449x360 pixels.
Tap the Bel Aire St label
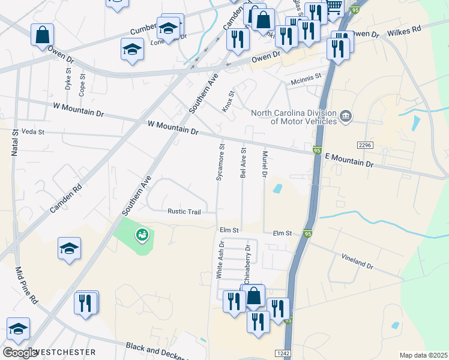[243, 162]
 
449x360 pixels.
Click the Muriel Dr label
[264, 164]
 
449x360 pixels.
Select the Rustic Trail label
[184, 211]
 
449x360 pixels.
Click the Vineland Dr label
[358, 261]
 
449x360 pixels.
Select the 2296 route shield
[364, 146]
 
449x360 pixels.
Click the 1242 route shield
[283, 353]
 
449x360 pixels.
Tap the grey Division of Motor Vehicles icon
[345, 116]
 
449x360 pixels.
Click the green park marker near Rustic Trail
[142, 235]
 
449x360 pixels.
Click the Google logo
[20, 353]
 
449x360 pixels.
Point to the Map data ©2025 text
[423, 355]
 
